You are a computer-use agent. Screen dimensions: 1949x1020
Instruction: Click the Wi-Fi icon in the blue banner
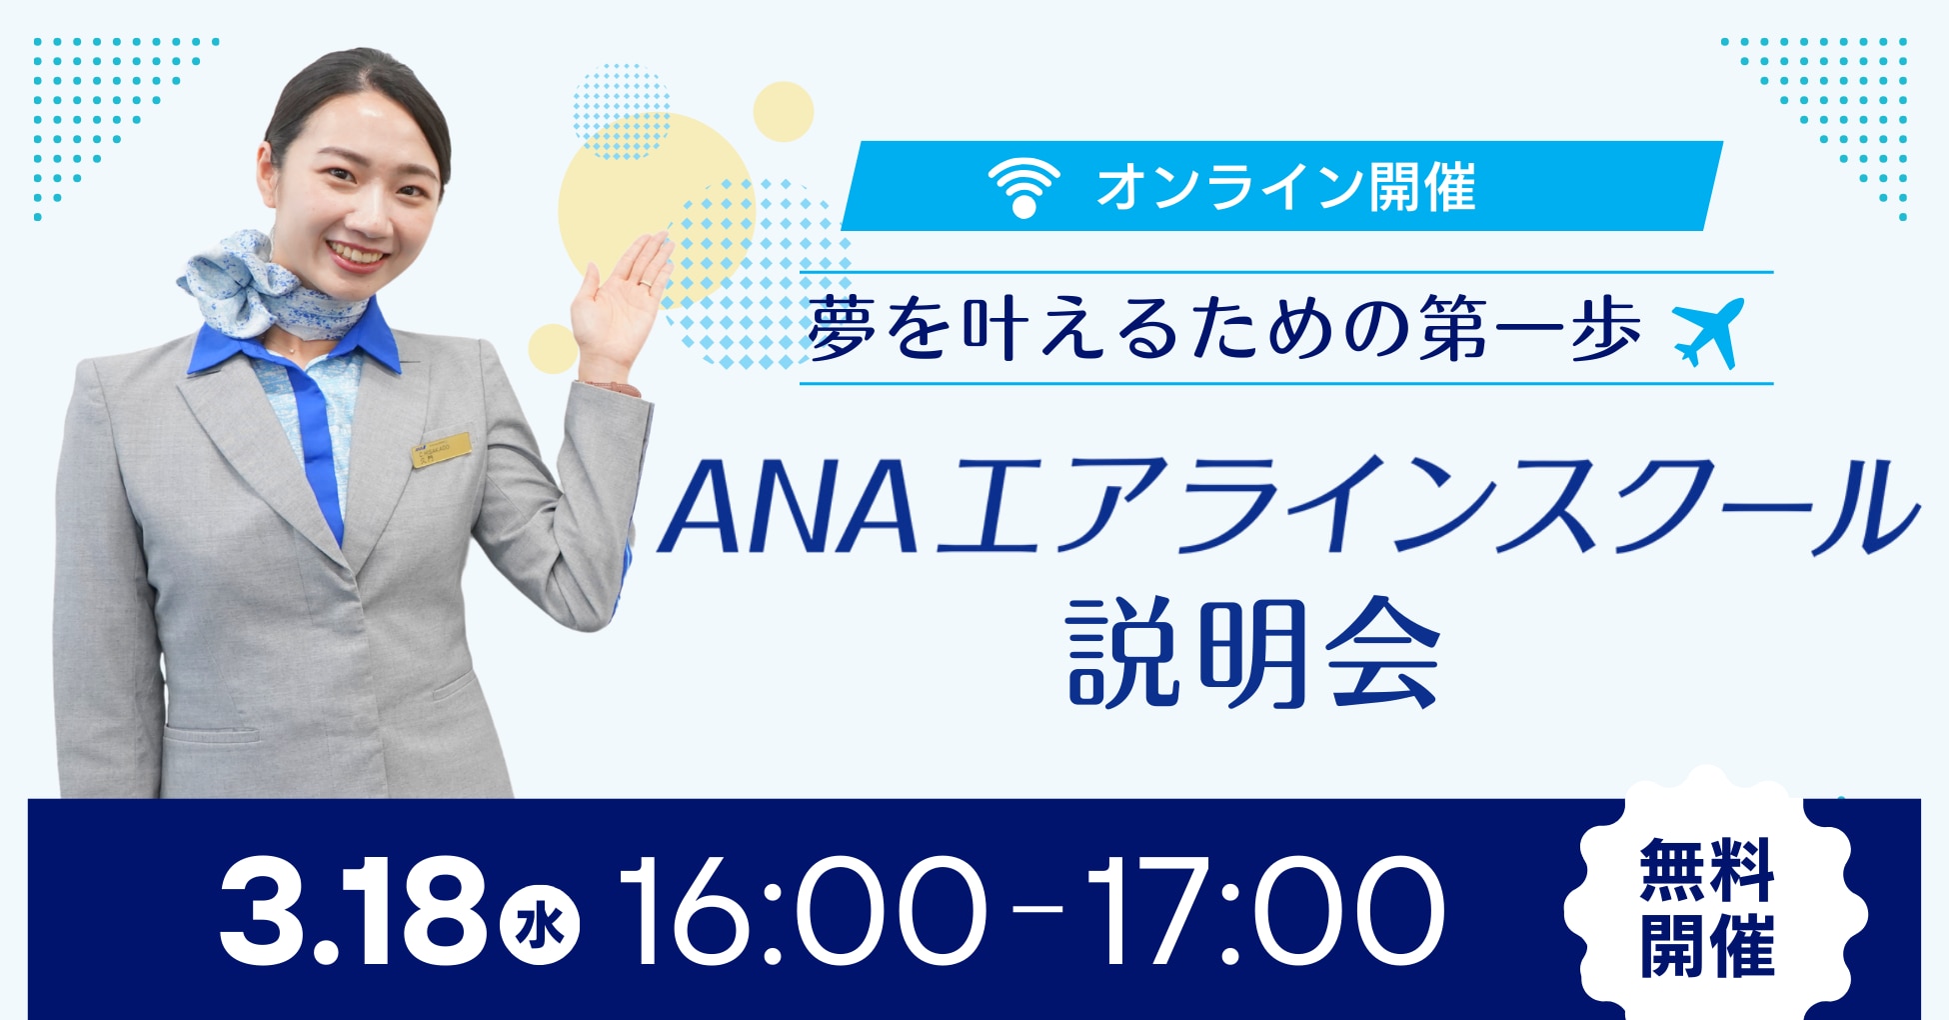[x=1023, y=187]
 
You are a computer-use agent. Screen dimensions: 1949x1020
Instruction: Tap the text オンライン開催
[x=1286, y=187]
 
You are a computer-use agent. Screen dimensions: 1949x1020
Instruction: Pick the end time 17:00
[x=1265, y=911]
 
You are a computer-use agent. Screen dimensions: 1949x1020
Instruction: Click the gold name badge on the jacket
[x=442, y=450]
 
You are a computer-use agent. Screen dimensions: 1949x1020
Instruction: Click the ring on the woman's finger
[x=645, y=285]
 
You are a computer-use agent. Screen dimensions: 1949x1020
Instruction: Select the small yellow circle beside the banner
[x=783, y=112]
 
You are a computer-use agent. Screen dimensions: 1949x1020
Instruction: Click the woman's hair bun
[x=350, y=90]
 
